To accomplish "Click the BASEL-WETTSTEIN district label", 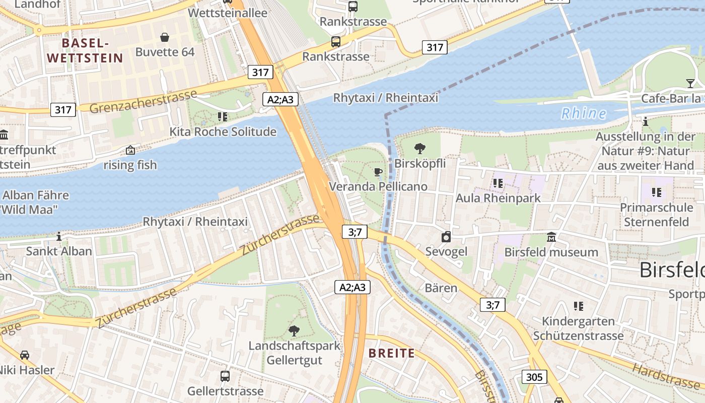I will point(85,50).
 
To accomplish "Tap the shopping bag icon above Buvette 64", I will point(165,37).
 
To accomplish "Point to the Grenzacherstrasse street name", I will point(144,101).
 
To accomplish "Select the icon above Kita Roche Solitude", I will point(223,117).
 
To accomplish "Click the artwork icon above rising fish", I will point(130,150).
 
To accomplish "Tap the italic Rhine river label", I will point(584,113).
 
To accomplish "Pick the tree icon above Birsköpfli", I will point(419,148).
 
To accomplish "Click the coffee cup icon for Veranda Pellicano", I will point(378,172).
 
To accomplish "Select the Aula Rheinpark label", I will point(498,198).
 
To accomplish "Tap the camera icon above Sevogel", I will point(446,237).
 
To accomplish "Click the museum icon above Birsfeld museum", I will point(551,237).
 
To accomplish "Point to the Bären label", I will point(441,288).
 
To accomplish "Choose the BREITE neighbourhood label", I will point(392,353).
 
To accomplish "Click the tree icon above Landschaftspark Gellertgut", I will point(294,330).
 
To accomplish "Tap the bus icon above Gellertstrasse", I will point(225,376).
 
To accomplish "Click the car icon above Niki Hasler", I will point(25,355).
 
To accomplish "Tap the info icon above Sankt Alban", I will point(59,236).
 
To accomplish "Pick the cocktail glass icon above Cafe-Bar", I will point(690,83).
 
